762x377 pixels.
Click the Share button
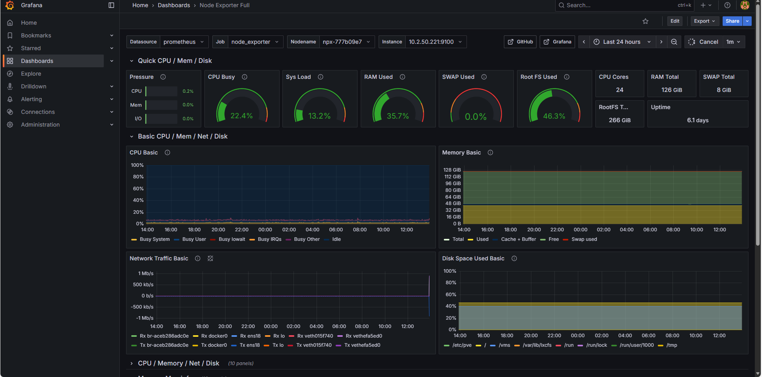coord(732,21)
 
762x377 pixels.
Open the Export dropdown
coord(704,21)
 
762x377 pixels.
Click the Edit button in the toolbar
coord(675,21)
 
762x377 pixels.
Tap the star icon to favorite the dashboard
coord(645,21)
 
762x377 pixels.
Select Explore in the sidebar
coord(31,74)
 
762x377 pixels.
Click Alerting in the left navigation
coord(31,99)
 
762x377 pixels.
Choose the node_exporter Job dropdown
coord(255,42)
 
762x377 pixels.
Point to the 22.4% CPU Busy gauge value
coord(241,116)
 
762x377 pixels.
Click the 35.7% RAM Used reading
coord(398,116)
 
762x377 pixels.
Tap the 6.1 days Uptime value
coord(698,120)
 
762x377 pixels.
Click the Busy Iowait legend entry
coord(232,239)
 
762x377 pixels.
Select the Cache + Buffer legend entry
coord(518,239)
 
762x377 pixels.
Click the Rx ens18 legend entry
coord(250,336)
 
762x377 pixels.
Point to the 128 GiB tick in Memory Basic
coord(452,170)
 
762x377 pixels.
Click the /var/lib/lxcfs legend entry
coord(537,345)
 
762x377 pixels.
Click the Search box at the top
coord(616,5)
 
